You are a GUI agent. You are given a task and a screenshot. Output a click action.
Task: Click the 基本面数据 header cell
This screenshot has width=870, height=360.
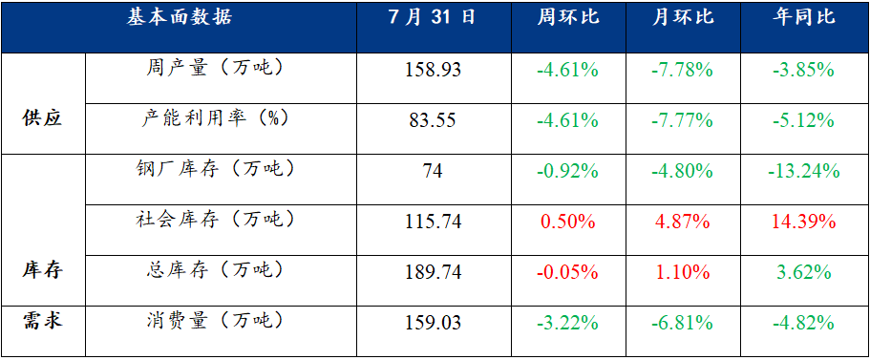click(x=179, y=18)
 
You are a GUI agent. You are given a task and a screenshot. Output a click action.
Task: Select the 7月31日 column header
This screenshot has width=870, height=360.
click(x=433, y=18)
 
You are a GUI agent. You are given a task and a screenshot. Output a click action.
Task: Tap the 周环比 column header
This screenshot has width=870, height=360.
click(x=568, y=18)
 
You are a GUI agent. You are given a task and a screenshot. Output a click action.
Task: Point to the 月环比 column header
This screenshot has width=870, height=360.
click(x=683, y=18)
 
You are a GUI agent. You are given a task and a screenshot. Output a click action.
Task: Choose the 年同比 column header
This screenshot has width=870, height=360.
click(x=804, y=18)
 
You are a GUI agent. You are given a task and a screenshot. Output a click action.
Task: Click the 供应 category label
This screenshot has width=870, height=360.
click(x=43, y=118)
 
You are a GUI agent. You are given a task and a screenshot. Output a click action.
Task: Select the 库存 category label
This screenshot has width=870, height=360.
click(x=43, y=270)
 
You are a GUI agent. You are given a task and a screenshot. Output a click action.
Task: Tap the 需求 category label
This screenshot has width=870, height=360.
click(x=43, y=320)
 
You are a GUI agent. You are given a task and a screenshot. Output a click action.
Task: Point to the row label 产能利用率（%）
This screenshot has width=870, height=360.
click(x=215, y=118)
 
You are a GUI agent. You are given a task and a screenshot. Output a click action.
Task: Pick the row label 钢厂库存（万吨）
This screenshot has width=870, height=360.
click(x=215, y=169)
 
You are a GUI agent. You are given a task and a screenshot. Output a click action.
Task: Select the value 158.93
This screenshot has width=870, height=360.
click(x=433, y=71)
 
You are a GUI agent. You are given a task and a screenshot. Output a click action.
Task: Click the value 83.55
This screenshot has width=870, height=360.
click(x=433, y=120)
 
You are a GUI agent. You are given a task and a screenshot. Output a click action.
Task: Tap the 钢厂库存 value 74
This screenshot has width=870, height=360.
click(x=433, y=171)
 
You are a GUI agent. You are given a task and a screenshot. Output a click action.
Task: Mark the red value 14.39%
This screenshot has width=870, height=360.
click(x=804, y=222)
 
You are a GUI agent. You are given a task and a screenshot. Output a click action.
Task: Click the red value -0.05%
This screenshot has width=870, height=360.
click(x=568, y=272)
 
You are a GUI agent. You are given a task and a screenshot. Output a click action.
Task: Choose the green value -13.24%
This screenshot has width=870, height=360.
click(x=804, y=171)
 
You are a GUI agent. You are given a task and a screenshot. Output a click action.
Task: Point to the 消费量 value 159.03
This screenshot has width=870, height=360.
click(x=433, y=322)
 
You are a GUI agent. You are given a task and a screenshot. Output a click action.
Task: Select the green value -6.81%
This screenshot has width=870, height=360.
click(x=683, y=322)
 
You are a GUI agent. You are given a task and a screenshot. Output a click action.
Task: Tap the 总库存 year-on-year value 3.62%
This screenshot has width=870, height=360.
click(x=804, y=272)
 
